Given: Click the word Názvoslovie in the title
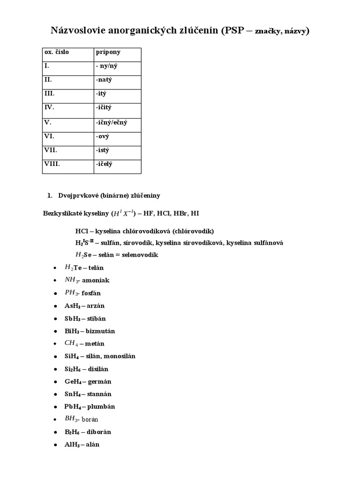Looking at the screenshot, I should coord(78,31).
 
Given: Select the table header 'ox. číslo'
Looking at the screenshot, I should coord(57,52).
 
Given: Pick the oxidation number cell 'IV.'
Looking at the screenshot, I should coord(50,107).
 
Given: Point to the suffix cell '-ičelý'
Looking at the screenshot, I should coord(104,164).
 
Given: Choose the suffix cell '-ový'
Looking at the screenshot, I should coord(103,136).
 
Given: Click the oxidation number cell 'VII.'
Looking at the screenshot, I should coord(51,150).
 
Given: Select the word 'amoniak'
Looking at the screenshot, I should coord(96,280).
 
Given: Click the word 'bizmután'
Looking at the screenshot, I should coord(100,331).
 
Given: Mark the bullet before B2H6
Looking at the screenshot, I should coord(55,432).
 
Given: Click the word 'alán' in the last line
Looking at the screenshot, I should coord(92,444).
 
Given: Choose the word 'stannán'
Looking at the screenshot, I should coord(98,394).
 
